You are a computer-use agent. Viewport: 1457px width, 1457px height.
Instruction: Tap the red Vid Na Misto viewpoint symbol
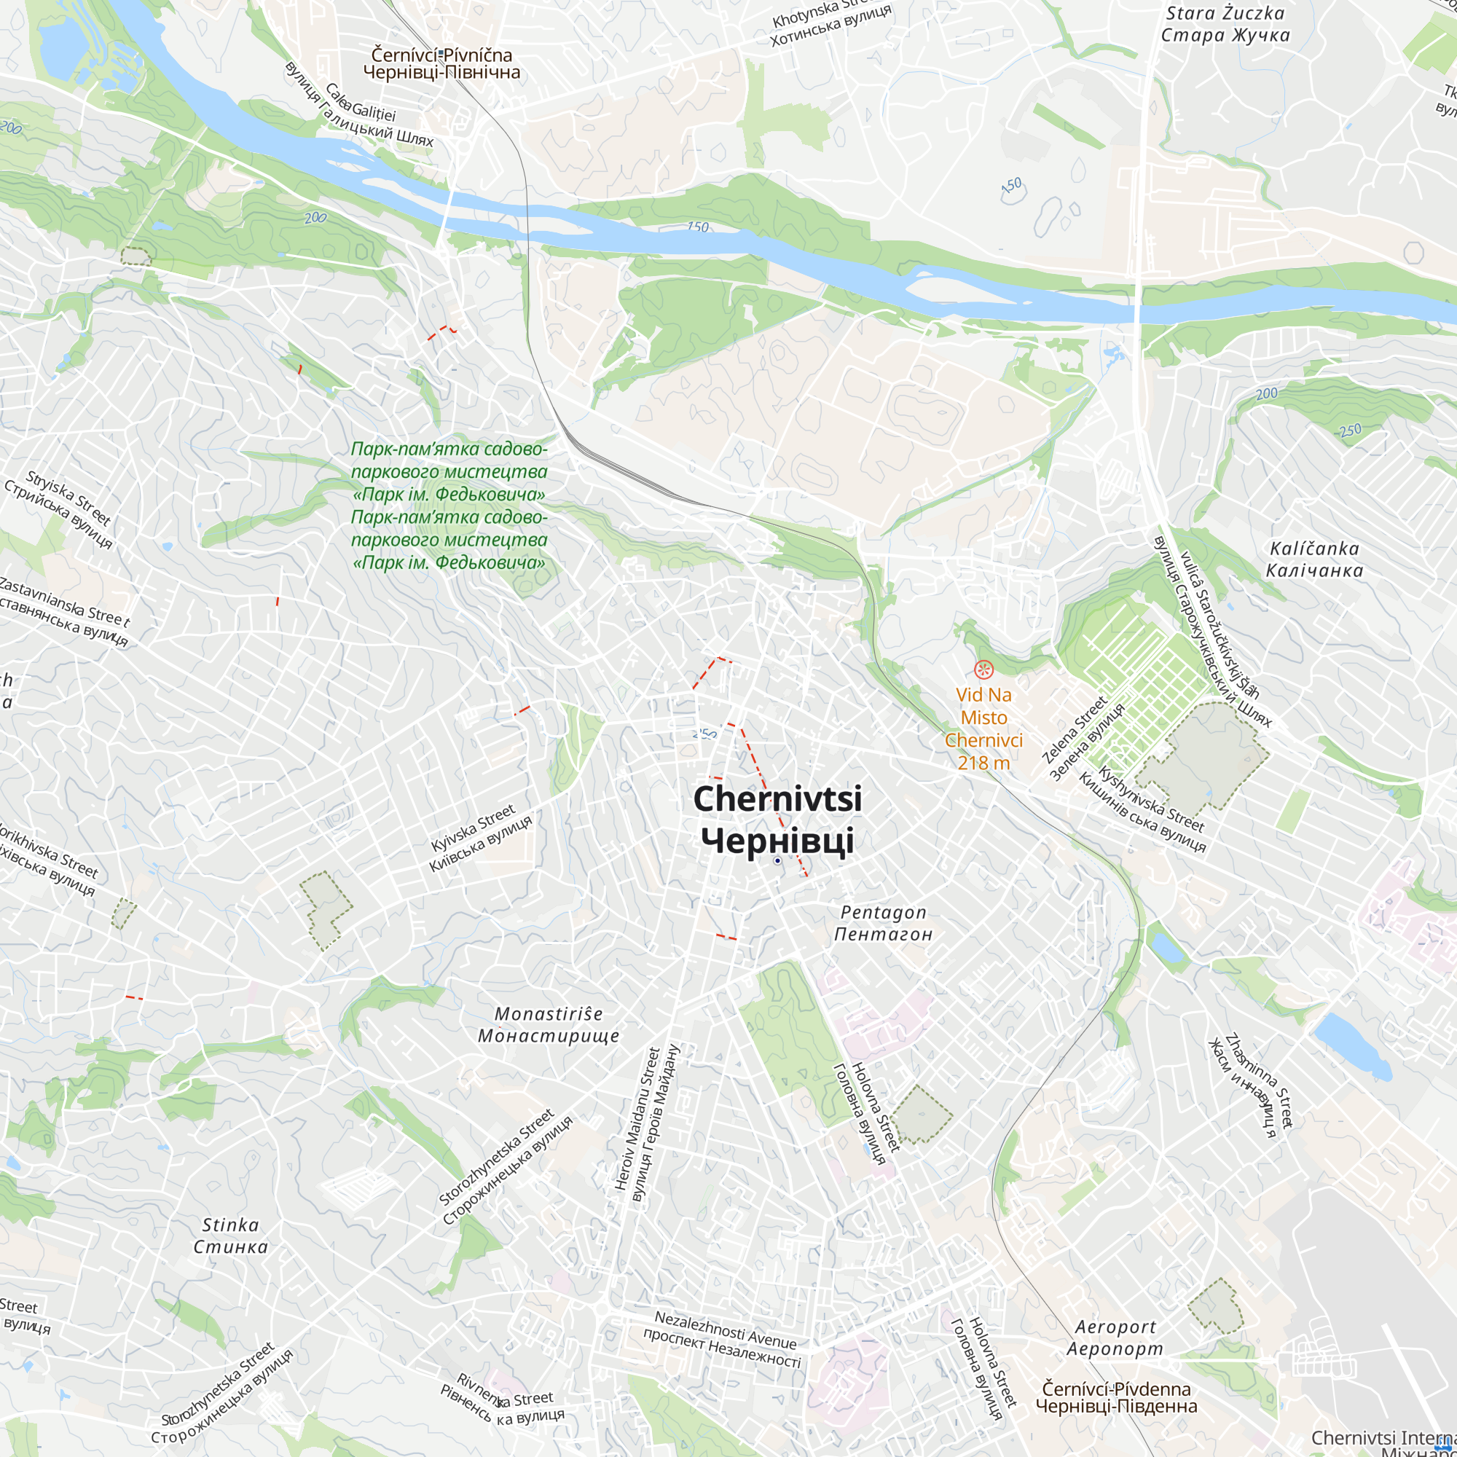[983, 669]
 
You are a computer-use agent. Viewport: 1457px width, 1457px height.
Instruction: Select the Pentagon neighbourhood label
[883, 923]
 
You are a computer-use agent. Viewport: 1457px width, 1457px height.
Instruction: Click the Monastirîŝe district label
[549, 1025]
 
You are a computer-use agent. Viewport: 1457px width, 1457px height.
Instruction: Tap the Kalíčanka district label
[1314, 559]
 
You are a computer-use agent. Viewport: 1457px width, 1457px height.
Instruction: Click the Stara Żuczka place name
[1225, 24]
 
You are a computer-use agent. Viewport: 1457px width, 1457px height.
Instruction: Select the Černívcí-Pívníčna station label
[441, 64]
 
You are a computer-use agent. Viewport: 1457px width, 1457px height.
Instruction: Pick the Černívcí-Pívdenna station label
[1116, 1397]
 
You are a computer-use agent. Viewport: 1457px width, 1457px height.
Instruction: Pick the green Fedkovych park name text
[449, 506]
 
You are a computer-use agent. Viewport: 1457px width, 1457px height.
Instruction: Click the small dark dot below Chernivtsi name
[777, 860]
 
